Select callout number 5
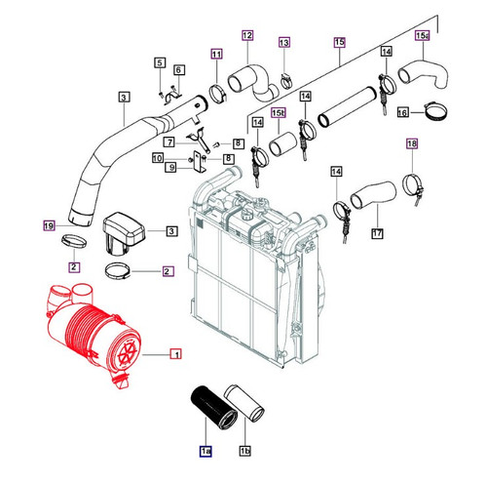[x=160, y=63]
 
